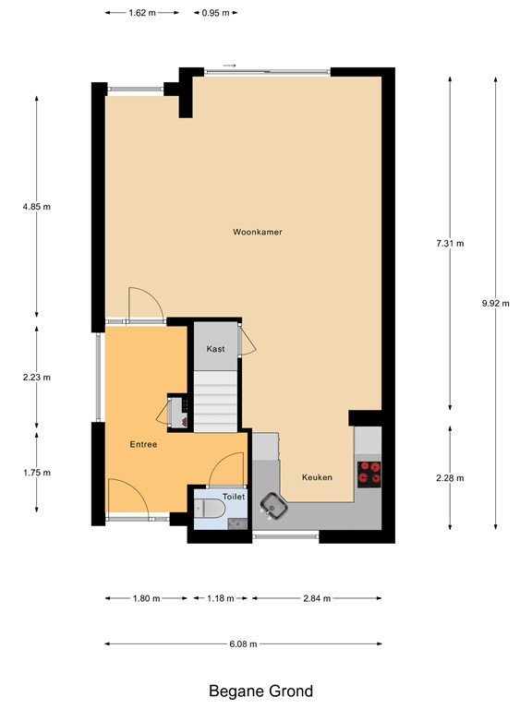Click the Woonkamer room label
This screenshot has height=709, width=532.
point(258,232)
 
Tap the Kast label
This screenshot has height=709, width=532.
point(216,349)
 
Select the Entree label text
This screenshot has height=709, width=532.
point(143,444)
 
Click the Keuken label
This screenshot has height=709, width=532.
point(317,477)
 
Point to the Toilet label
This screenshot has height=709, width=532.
point(235,496)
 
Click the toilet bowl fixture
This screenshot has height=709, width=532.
point(212,510)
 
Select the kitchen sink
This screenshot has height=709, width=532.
point(273,504)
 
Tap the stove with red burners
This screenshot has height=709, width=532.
point(370,473)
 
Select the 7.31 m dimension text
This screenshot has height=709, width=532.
point(449,244)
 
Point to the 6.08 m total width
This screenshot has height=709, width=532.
point(243,643)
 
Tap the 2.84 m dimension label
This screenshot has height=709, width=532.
point(316,598)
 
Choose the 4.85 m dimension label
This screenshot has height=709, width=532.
point(37,208)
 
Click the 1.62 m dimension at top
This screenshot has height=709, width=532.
point(142,14)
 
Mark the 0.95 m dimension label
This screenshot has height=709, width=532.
point(214,14)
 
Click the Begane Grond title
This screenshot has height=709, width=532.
point(260,691)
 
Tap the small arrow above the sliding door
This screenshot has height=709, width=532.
point(230,66)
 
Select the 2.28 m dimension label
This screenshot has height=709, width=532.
point(449,478)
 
